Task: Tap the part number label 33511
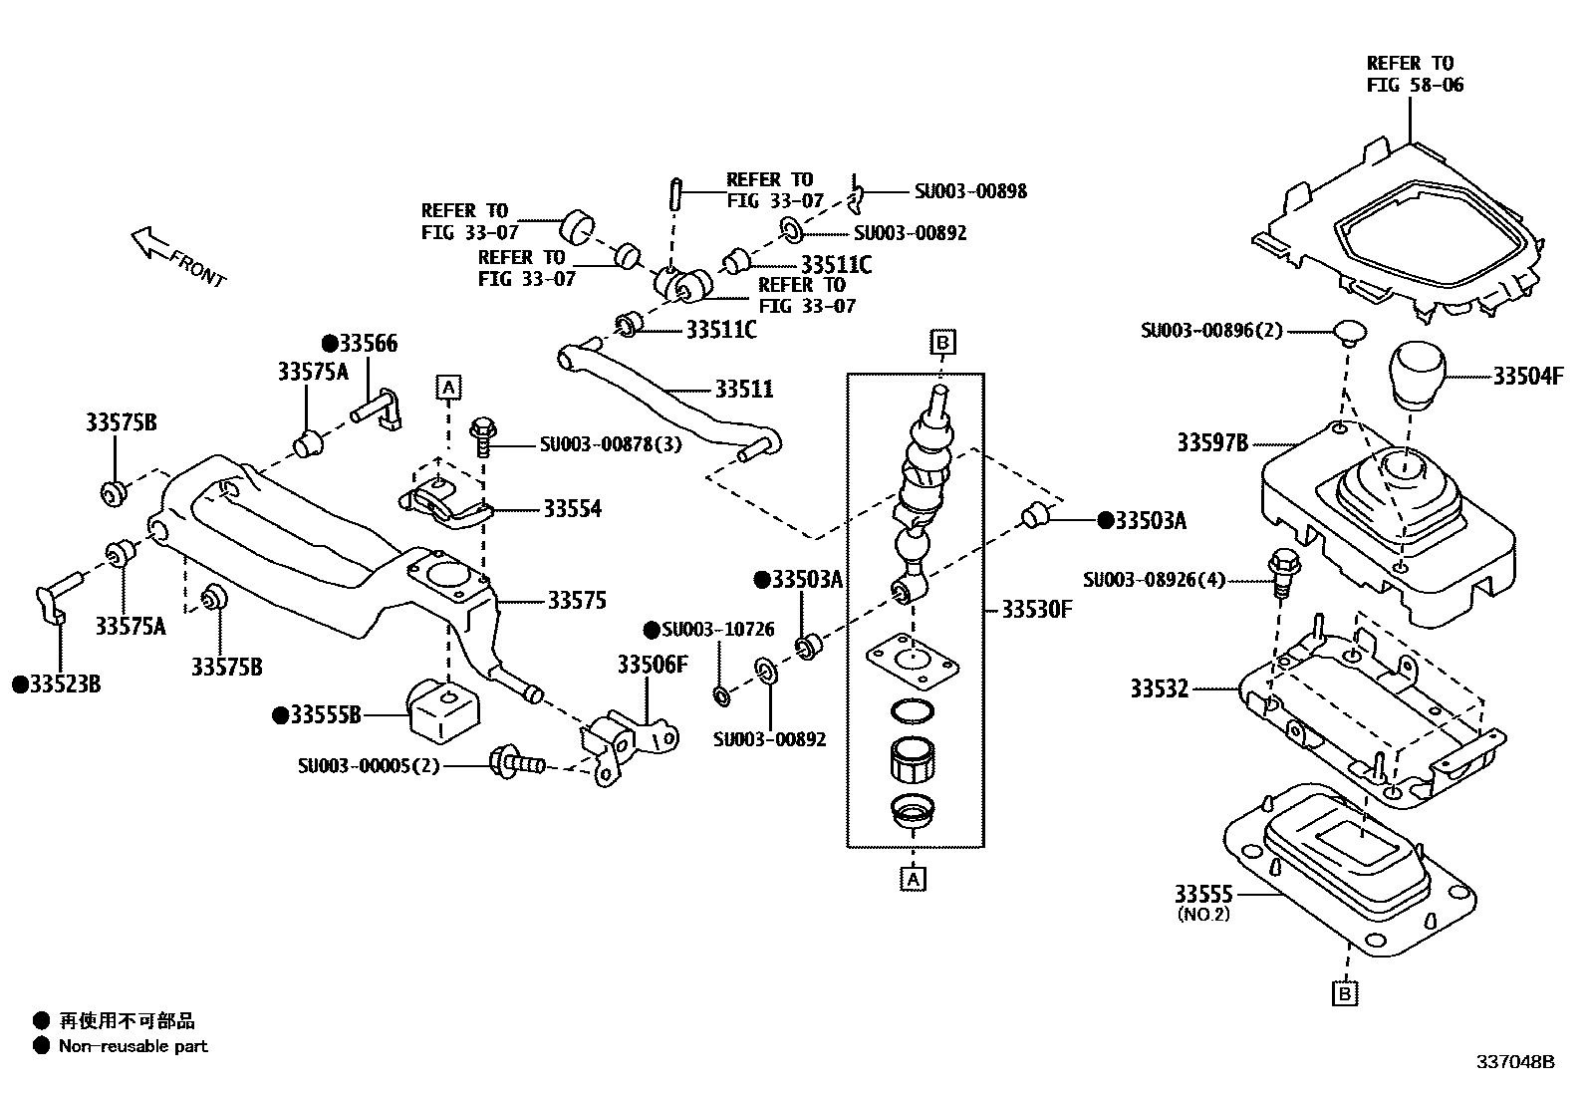coord(743,389)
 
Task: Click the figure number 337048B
coord(1514,1062)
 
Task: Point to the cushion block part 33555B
coord(442,709)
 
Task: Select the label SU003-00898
coord(970,190)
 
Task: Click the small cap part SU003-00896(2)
coord(1349,331)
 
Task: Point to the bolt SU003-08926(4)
coord(1282,576)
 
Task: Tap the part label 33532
coord(1159,688)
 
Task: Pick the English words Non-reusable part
coord(133,1046)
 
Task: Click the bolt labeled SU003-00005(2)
coord(515,764)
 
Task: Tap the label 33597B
coord(1211,442)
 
